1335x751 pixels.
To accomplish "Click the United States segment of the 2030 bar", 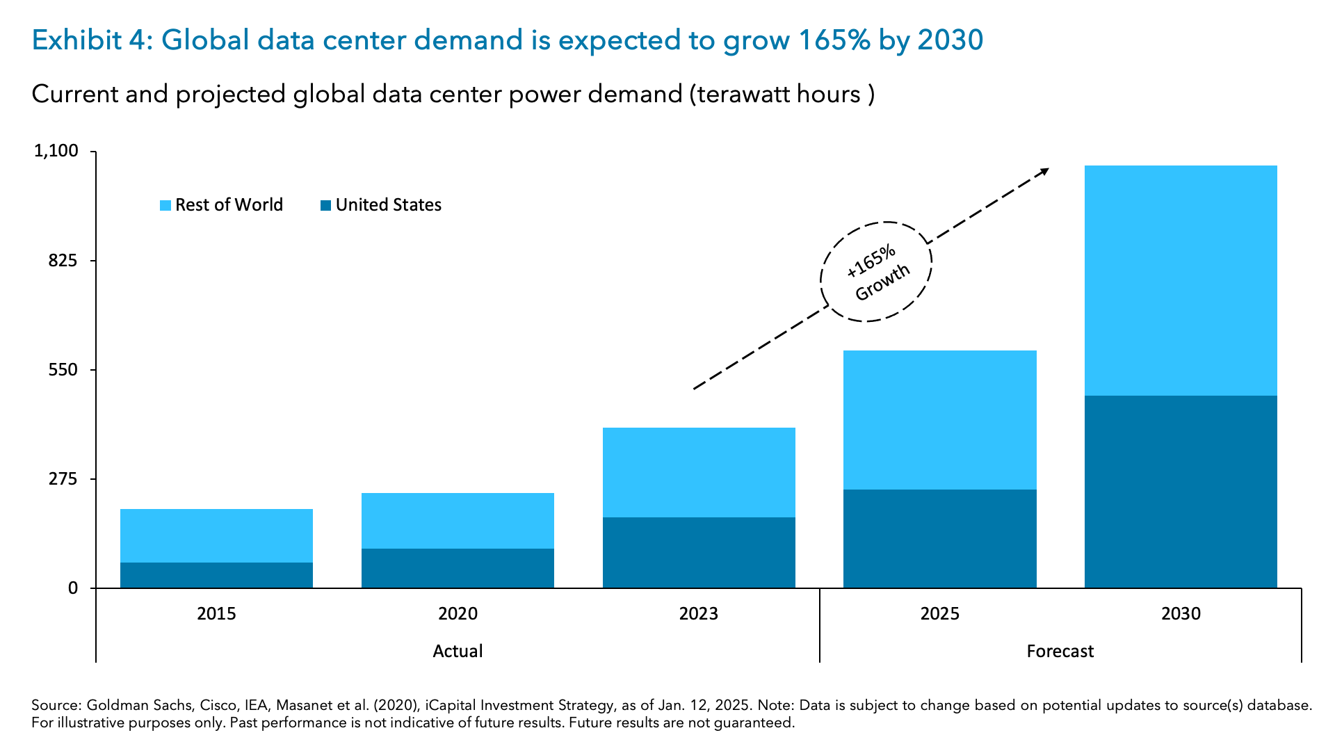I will click(x=1181, y=492).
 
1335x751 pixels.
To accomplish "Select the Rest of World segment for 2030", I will click(x=1181, y=280).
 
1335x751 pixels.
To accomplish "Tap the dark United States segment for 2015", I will click(x=216, y=575).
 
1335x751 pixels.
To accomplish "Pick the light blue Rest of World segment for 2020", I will click(x=458, y=521).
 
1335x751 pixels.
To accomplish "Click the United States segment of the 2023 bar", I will click(x=699, y=552).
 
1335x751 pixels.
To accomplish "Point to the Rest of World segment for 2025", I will click(x=939, y=420).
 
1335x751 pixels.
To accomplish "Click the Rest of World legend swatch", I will click(x=165, y=205).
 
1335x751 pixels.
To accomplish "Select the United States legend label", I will click(x=388, y=205).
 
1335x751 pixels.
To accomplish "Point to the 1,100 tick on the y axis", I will click(x=56, y=151).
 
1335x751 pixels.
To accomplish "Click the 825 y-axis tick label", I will click(x=63, y=261).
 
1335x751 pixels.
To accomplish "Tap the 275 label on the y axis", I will click(x=63, y=479).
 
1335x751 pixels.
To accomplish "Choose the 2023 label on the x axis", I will click(x=698, y=613).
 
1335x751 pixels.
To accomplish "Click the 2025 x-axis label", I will click(x=939, y=613).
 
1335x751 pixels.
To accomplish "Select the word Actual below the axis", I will click(x=458, y=651).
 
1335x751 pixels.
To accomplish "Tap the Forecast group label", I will click(x=1060, y=651).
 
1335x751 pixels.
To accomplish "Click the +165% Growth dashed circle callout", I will click(x=876, y=272).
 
